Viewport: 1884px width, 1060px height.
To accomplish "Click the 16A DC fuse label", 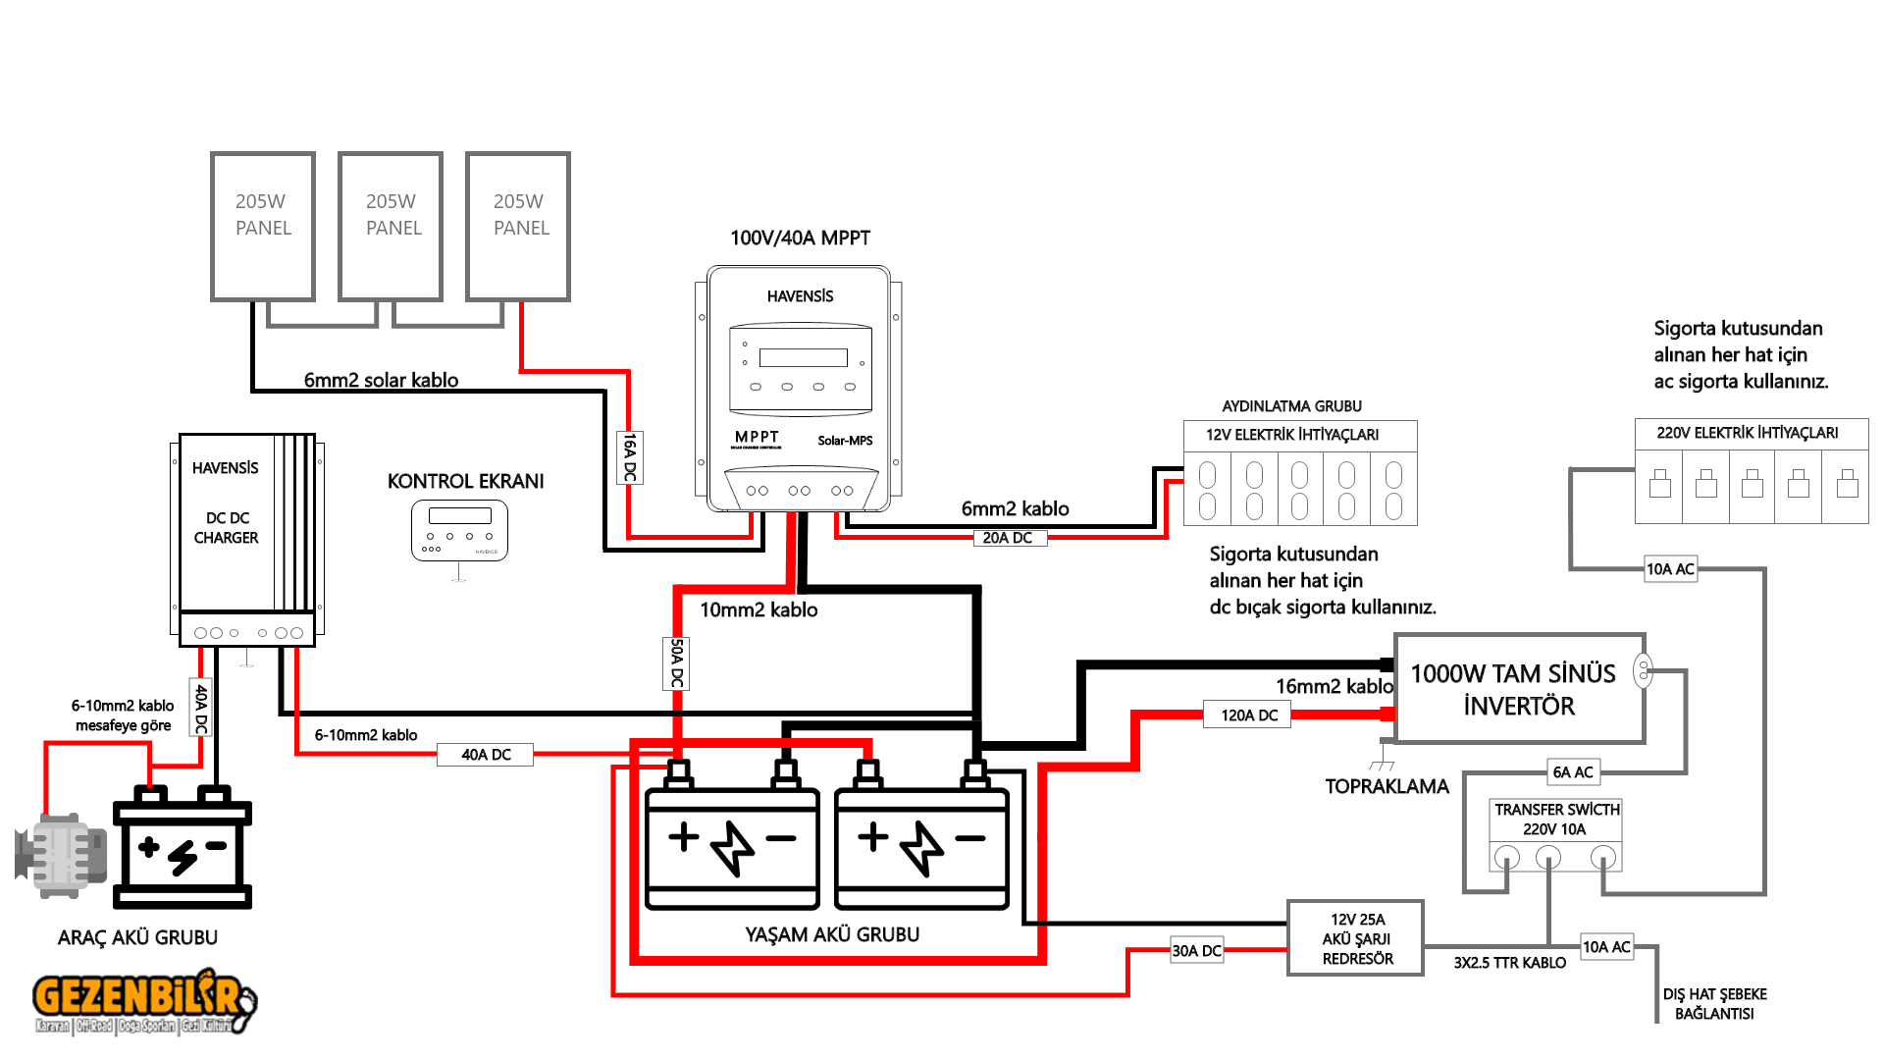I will (x=630, y=457).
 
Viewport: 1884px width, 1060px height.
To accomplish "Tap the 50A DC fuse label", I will (x=676, y=663).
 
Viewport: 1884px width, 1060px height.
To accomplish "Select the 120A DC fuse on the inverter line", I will (x=1248, y=715).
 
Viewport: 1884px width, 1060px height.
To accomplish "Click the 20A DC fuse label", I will (x=1008, y=538).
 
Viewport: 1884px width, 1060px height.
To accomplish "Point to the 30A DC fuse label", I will (x=1196, y=950).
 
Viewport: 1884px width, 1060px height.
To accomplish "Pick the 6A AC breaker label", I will (x=1573, y=772).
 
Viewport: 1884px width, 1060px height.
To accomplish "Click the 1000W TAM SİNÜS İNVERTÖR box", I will (x=1518, y=689).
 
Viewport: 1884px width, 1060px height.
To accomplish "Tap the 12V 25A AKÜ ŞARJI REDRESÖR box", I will (x=1356, y=939).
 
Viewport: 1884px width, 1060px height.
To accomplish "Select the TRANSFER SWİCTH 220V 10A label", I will (x=1556, y=819).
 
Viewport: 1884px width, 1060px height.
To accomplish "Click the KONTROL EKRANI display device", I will (x=459, y=531).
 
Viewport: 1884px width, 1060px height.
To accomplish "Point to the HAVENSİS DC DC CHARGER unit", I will (x=246, y=540).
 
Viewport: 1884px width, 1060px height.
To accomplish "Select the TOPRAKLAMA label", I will (x=1387, y=786).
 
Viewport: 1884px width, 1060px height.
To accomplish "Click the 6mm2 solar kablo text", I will (x=381, y=380).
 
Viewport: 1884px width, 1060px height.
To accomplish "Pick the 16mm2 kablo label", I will (x=1334, y=686).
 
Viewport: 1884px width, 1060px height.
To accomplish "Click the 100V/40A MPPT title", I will (x=800, y=238).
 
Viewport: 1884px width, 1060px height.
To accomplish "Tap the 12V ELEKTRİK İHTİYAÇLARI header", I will (x=1291, y=435).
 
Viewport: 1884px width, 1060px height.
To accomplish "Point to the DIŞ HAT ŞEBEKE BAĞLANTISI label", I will (x=1714, y=1004).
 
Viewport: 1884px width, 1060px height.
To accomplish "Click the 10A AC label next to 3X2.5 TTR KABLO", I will (x=1606, y=947).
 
